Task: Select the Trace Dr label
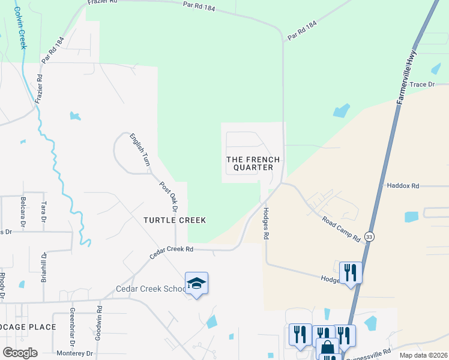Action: [x=422, y=85]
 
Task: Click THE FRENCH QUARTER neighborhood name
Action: [x=253, y=163]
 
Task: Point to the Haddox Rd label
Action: [x=403, y=186]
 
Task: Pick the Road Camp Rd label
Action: [x=340, y=229]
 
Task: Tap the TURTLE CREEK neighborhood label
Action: [x=175, y=220]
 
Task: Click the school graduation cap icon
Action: [x=196, y=283]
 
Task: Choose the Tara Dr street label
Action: [x=43, y=211]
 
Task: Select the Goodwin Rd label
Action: [x=100, y=319]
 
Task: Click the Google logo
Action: [x=20, y=353]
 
